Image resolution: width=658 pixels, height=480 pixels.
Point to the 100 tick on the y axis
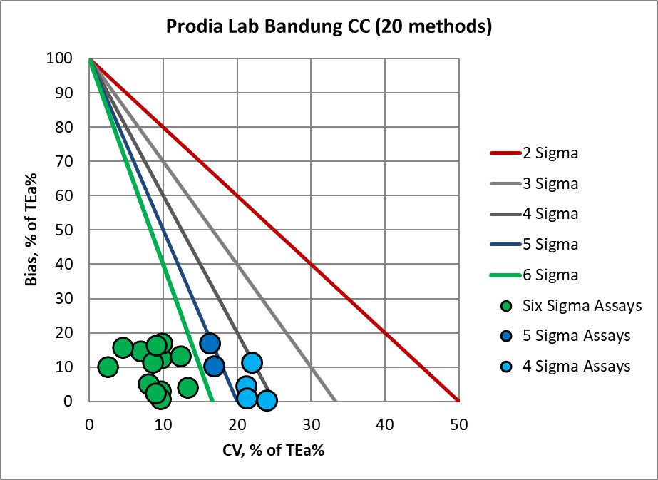62,58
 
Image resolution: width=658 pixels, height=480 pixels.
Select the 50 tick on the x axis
458,423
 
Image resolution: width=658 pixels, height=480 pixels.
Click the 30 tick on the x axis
311,423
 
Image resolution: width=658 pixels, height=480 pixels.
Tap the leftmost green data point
108,367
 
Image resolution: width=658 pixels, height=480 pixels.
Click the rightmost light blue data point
267,400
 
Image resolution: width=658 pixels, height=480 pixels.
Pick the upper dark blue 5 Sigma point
210,343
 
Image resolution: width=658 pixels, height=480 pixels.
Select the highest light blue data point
252,362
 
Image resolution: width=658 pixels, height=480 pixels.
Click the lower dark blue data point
214,367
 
